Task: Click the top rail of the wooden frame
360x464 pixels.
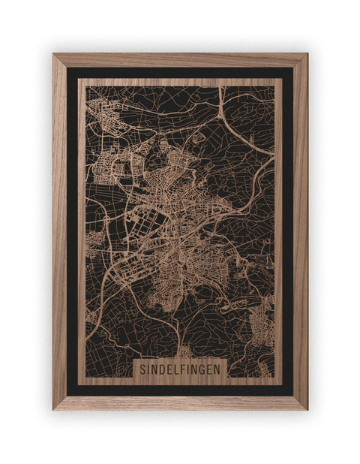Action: click(180, 60)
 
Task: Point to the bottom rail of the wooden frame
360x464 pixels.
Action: click(180, 402)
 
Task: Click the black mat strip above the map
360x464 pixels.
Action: click(180, 73)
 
